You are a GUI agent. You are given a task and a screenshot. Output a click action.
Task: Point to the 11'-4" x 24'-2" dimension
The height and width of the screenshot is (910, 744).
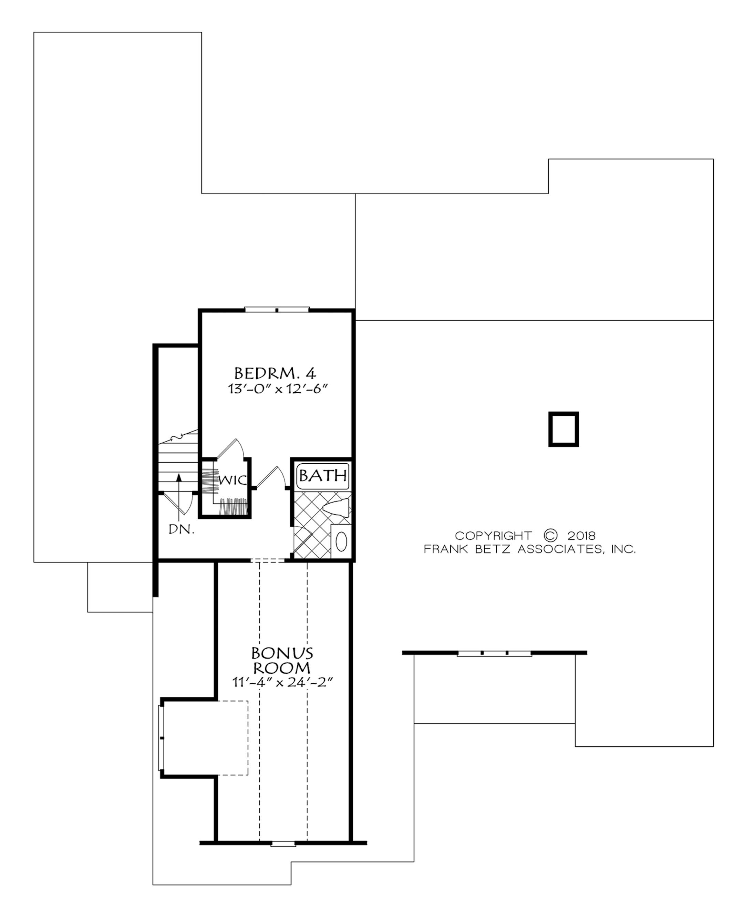[282, 682]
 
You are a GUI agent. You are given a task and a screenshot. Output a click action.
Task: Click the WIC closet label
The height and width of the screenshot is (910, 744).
[233, 480]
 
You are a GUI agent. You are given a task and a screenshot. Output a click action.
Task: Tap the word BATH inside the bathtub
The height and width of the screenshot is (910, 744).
[323, 475]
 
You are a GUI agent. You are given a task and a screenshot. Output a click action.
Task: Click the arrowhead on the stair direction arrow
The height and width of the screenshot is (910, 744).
[179, 477]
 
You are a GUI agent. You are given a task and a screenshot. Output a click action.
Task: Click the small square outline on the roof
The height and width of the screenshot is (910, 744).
[564, 429]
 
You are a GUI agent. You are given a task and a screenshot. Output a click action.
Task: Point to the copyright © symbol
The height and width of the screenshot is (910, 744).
[550, 535]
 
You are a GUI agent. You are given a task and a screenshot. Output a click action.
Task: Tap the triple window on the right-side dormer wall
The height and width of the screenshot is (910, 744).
[495, 653]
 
